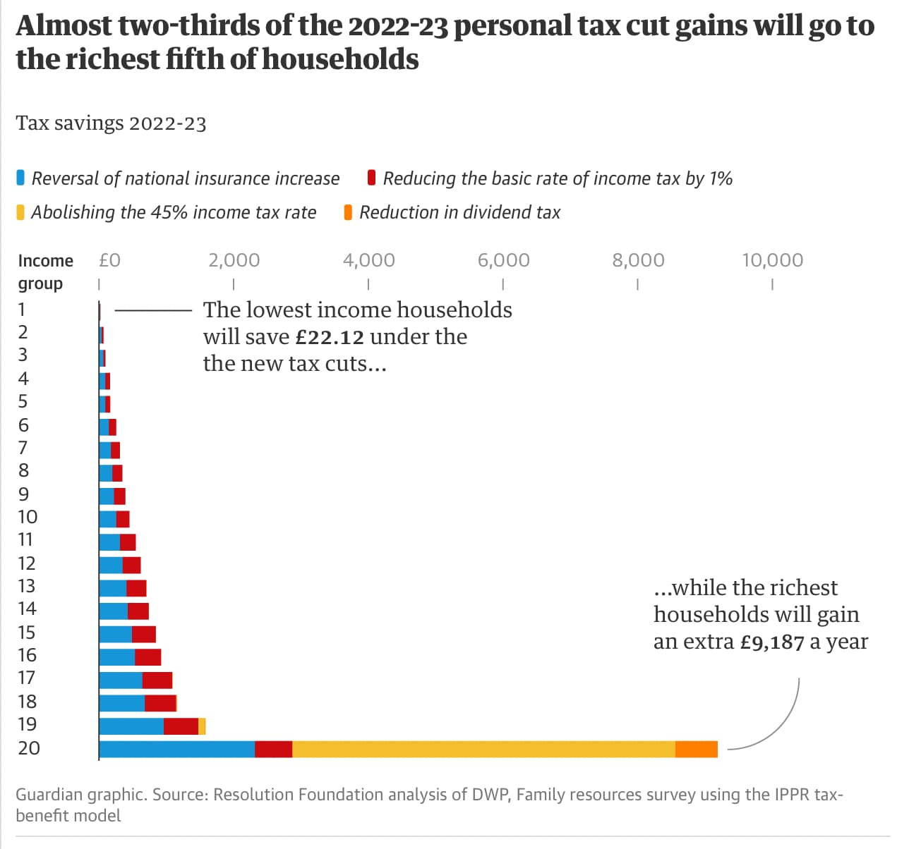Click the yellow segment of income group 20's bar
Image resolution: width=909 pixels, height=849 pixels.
pyautogui.click(x=483, y=749)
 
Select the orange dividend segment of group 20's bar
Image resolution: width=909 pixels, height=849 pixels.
pyautogui.click(x=696, y=749)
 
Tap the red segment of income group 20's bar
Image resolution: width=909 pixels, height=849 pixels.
pyautogui.click(x=273, y=749)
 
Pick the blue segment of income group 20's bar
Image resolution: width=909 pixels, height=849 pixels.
pyautogui.click(x=176, y=749)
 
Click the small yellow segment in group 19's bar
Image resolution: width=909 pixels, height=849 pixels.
pyautogui.click(x=202, y=726)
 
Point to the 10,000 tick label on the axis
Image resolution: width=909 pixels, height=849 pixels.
pyautogui.click(x=772, y=260)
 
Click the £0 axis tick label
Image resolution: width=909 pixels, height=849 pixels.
pyautogui.click(x=109, y=260)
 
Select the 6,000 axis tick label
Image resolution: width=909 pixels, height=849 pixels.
pyautogui.click(x=503, y=260)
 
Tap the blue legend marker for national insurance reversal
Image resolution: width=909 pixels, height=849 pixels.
pyautogui.click(x=20, y=178)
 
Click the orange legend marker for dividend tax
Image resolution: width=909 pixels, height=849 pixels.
pyautogui.click(x=348, y=212)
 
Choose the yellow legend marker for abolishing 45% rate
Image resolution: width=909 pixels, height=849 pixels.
pyautogui.click(x=20, y=212)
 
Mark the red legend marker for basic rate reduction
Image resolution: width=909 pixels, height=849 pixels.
pyautogui.click(x=371, y=178)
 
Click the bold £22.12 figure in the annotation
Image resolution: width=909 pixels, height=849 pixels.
pyautogui.click(x=330, y=337)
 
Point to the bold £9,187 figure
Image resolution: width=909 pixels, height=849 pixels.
pyautogui.click(x=772, y=642)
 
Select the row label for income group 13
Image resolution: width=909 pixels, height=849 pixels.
pyautogui.click(x=27, y=586)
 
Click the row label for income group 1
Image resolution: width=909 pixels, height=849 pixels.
pyautogui.click(x=22, y=309)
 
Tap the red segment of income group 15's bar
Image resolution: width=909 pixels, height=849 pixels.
pyautogui.click(x=144, y=634)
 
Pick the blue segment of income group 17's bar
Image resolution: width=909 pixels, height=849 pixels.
pyautogui.click(x=121, y=680)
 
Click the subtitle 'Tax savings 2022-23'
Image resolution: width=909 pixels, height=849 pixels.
pyautogui.click(x=111, y=123)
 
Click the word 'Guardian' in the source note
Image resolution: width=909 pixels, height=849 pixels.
pyautogui.click(x=47, y=795)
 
